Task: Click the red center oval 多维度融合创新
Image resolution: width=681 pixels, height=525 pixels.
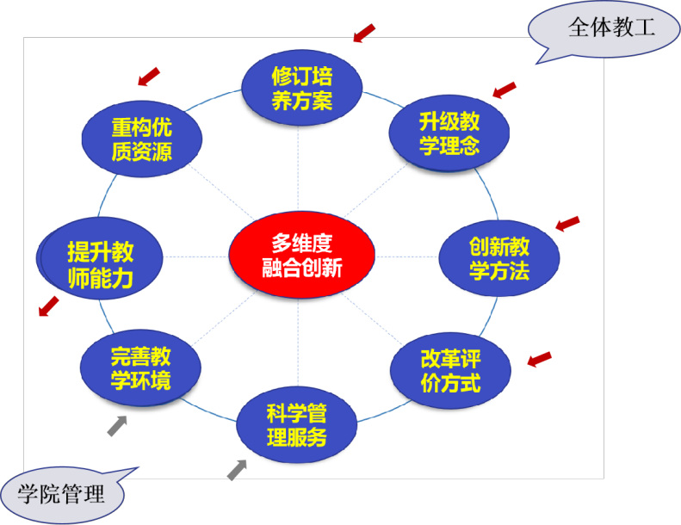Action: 301,256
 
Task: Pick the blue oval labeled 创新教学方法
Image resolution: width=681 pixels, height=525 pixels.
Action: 498,259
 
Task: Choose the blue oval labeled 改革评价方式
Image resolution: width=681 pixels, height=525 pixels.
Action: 450,370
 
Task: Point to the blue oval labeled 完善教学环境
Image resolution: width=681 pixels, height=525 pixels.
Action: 139,368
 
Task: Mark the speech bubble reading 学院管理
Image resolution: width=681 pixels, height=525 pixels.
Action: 62,493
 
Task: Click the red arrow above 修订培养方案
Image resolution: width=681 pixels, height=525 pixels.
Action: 364,33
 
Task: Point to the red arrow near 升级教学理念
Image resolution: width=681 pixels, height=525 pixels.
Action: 504,90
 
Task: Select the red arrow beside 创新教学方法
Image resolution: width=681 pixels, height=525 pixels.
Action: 567,224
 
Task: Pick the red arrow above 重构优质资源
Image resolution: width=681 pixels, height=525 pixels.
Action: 149,77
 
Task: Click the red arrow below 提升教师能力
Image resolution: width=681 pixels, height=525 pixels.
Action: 49,306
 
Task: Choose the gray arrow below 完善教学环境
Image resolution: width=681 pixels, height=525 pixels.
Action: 117,425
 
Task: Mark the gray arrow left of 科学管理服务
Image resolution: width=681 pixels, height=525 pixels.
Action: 237,469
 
